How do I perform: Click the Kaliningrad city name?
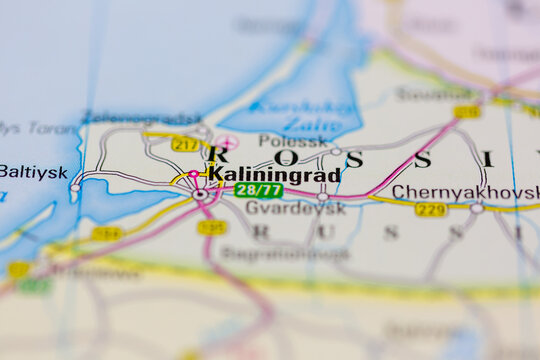point(273,174)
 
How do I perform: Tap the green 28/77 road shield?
point(258,190)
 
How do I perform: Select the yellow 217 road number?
point(185,145)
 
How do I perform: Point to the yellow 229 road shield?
point(431,209)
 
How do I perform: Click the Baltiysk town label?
point(33,171)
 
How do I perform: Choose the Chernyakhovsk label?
point(465,191)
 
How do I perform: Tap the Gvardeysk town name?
point(281,208)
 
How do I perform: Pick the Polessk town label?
point(293,141)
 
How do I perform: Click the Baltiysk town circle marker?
point(75,187)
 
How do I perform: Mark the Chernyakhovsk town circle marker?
point(477,208)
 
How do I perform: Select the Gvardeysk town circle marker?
point(322,198)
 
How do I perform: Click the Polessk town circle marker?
point(336,152)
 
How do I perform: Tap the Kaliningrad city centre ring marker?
point(199,194)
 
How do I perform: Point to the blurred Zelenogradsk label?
point(140,118)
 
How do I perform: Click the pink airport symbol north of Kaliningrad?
point(229,143)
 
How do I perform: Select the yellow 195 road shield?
point(211,227)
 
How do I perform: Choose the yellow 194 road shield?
point(107,234)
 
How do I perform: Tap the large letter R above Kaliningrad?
point(217,155)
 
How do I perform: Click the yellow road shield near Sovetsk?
point(466,112)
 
